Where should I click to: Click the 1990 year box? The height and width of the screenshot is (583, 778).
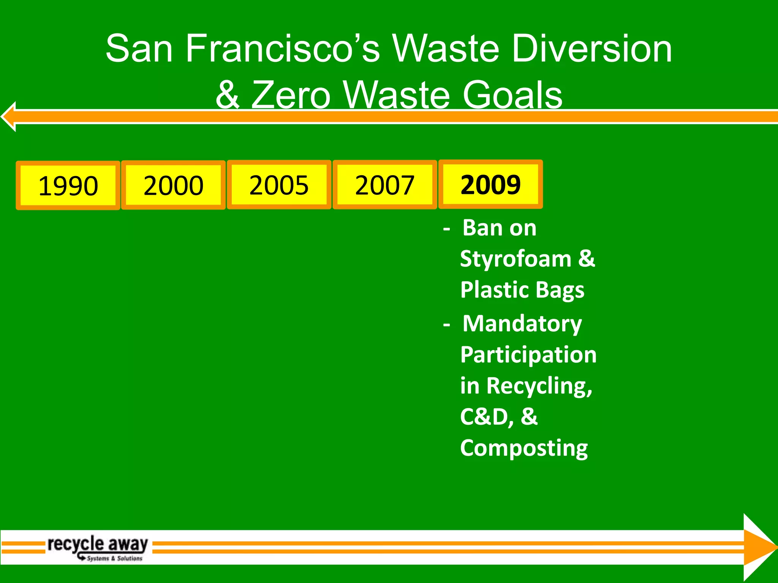tap(68, 185)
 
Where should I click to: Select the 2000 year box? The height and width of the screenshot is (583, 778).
tap(173, 185)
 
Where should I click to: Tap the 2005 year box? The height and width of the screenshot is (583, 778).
tap(279, 185)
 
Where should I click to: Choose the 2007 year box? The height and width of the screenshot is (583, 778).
tap(384, 185)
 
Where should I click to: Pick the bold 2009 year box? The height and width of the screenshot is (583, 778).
tap(490, 184)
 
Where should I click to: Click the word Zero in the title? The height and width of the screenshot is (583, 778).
tap(291, 95)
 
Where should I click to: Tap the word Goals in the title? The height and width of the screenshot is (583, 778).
tap(512, 95)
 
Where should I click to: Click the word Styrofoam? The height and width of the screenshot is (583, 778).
tap(516, 259)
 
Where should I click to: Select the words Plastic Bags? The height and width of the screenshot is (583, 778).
tap(522, 290)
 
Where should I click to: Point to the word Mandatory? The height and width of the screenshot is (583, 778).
tap(522, 324)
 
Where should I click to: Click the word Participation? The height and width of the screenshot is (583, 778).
tap(528, 355)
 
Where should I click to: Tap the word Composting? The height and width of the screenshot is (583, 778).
tap(524, 448)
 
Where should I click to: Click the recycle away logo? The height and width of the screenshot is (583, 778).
tap(98, 548)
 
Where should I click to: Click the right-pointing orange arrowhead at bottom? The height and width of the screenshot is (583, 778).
tap(759, 547)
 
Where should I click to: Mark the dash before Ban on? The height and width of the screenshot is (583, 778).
tap(447, 229)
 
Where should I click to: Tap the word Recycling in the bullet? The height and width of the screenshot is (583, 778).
tap(538, 386)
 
